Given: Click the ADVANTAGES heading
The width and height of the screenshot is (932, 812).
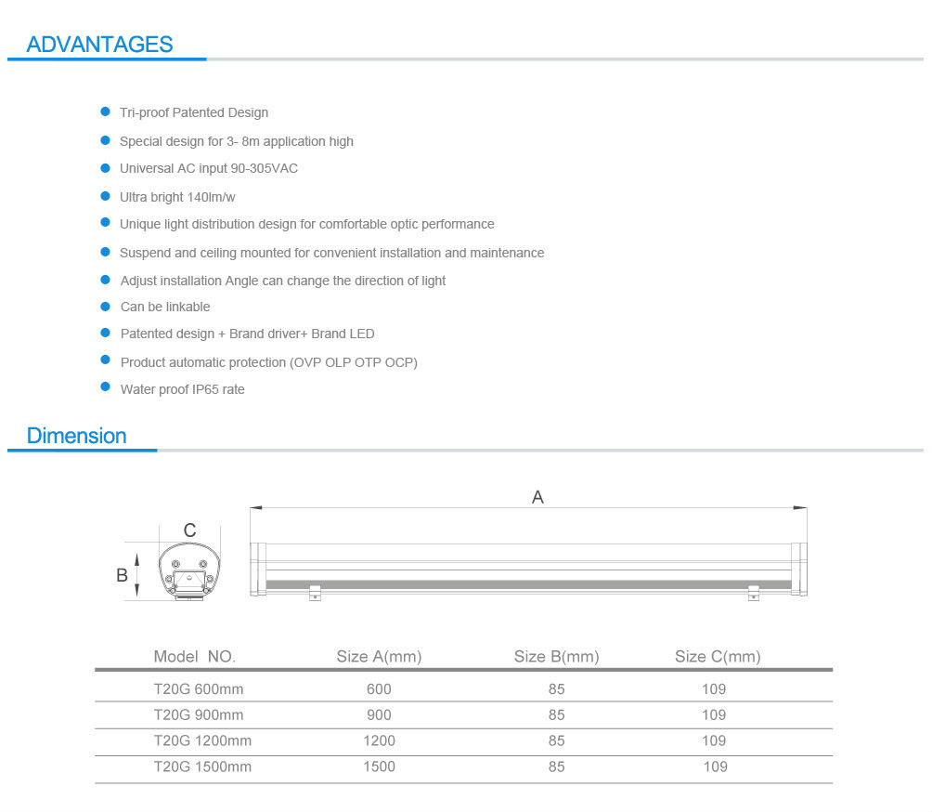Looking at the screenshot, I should click(99, 44).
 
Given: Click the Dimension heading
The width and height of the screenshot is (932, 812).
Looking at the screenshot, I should click(76, 436).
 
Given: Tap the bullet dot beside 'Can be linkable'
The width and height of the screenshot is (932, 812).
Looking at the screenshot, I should click(105, 306).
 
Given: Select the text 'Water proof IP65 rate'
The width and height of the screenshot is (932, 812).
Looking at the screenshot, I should click(182, 389).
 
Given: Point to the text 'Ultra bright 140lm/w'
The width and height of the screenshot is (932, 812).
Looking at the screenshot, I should click(178, 197).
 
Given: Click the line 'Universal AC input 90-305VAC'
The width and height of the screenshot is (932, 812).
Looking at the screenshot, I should click(208, 168).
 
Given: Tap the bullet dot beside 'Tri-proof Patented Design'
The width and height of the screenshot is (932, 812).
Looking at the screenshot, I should click(105, 111).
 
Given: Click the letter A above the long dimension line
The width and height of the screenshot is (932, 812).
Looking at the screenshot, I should click(537, 497).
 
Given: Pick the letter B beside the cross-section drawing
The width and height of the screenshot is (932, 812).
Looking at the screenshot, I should click(122, 575).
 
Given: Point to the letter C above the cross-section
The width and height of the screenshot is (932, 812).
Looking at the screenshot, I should click(189, 530).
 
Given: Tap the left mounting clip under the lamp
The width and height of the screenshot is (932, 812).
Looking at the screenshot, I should click(315, 591).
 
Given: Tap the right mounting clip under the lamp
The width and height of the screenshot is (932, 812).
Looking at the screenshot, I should click(753, 591).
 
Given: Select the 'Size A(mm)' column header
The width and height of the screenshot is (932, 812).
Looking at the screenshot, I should click(379, 657).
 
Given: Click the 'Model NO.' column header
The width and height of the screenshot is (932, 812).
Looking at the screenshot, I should click(195, 657).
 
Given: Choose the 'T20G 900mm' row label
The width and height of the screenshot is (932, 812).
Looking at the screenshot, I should click(199, 714).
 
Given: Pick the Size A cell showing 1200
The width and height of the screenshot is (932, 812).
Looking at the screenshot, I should click(379, 740).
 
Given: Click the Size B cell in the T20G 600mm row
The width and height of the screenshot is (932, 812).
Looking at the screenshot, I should click(556, 689).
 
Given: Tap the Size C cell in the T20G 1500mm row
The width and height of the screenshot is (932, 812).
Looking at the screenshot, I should click(715, 766).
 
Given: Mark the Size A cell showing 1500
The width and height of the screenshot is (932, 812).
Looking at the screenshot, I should click(379, 766).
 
